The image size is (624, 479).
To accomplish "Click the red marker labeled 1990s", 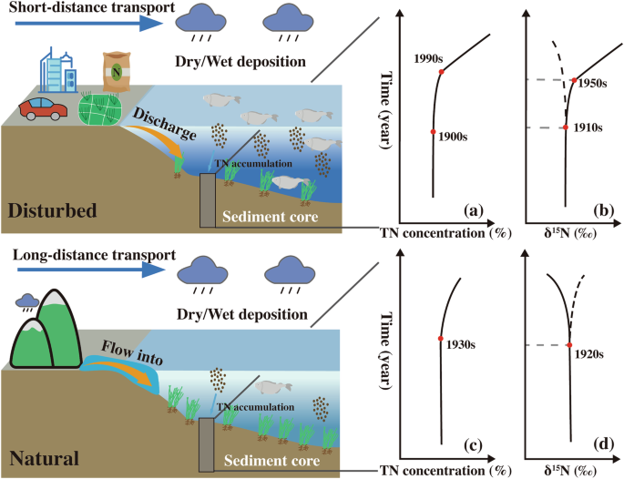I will tap(441, 71).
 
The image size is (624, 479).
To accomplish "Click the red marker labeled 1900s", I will tap(433, 132).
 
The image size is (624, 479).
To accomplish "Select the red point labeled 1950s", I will tap(573, 79).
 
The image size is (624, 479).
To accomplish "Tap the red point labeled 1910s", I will tap(566, 127).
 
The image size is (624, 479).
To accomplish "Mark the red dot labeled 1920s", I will tap(568, 345).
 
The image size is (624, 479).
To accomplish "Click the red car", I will tap(42, 107).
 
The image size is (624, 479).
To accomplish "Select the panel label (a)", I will tap(472, 210).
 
